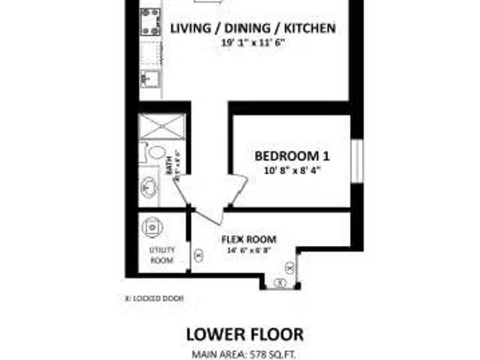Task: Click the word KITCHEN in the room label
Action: tap(307, 29)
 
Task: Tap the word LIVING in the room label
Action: tap(191, 29)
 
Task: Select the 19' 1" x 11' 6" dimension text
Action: tap(253, 44)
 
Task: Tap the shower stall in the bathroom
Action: tap(161, 127)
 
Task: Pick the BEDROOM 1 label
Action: tap(292, 156)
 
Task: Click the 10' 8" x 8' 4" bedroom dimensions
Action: tap(292, 170)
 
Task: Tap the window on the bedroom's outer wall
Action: tap(357, 160)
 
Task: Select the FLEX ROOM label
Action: tap(247, 240)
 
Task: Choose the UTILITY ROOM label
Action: tap(161, 254)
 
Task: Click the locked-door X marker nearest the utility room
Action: tap(198, 254)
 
